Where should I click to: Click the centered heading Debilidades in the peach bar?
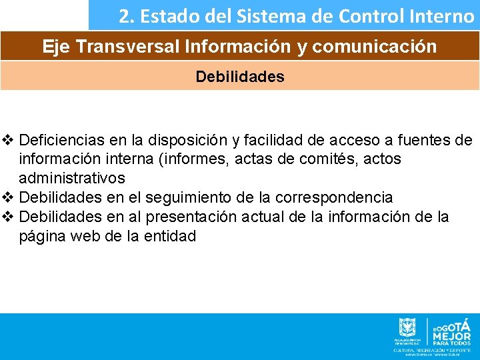click(240, 77)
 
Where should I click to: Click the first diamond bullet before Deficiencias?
click(8, 141)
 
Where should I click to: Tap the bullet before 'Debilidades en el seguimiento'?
click(8, 198)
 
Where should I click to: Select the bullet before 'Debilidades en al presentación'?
click(8, 217)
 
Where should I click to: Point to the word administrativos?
click(72, 179)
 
